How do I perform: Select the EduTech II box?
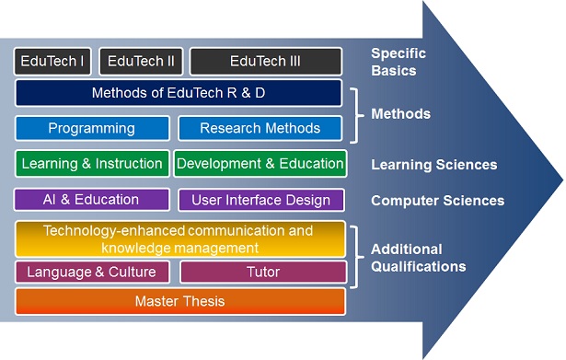pos(141,62)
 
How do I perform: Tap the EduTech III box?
pos(266,62)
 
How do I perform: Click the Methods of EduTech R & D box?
pos(179,93)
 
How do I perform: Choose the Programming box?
pos(92,128)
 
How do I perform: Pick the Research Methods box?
pos(260,128)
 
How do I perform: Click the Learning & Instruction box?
pos(92,164)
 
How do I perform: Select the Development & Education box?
pos(260,164)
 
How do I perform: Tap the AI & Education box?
pos(91,199)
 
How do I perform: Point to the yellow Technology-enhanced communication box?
pos(179,238)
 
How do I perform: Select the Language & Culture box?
pos(91,273)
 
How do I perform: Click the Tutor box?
pos(263,273)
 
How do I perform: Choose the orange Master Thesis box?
pos(179,301)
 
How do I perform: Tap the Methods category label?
pos(400,114)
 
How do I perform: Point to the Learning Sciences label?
pos(433,165)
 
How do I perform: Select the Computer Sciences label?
pos(437,200)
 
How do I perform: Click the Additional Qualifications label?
pos(418,258)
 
